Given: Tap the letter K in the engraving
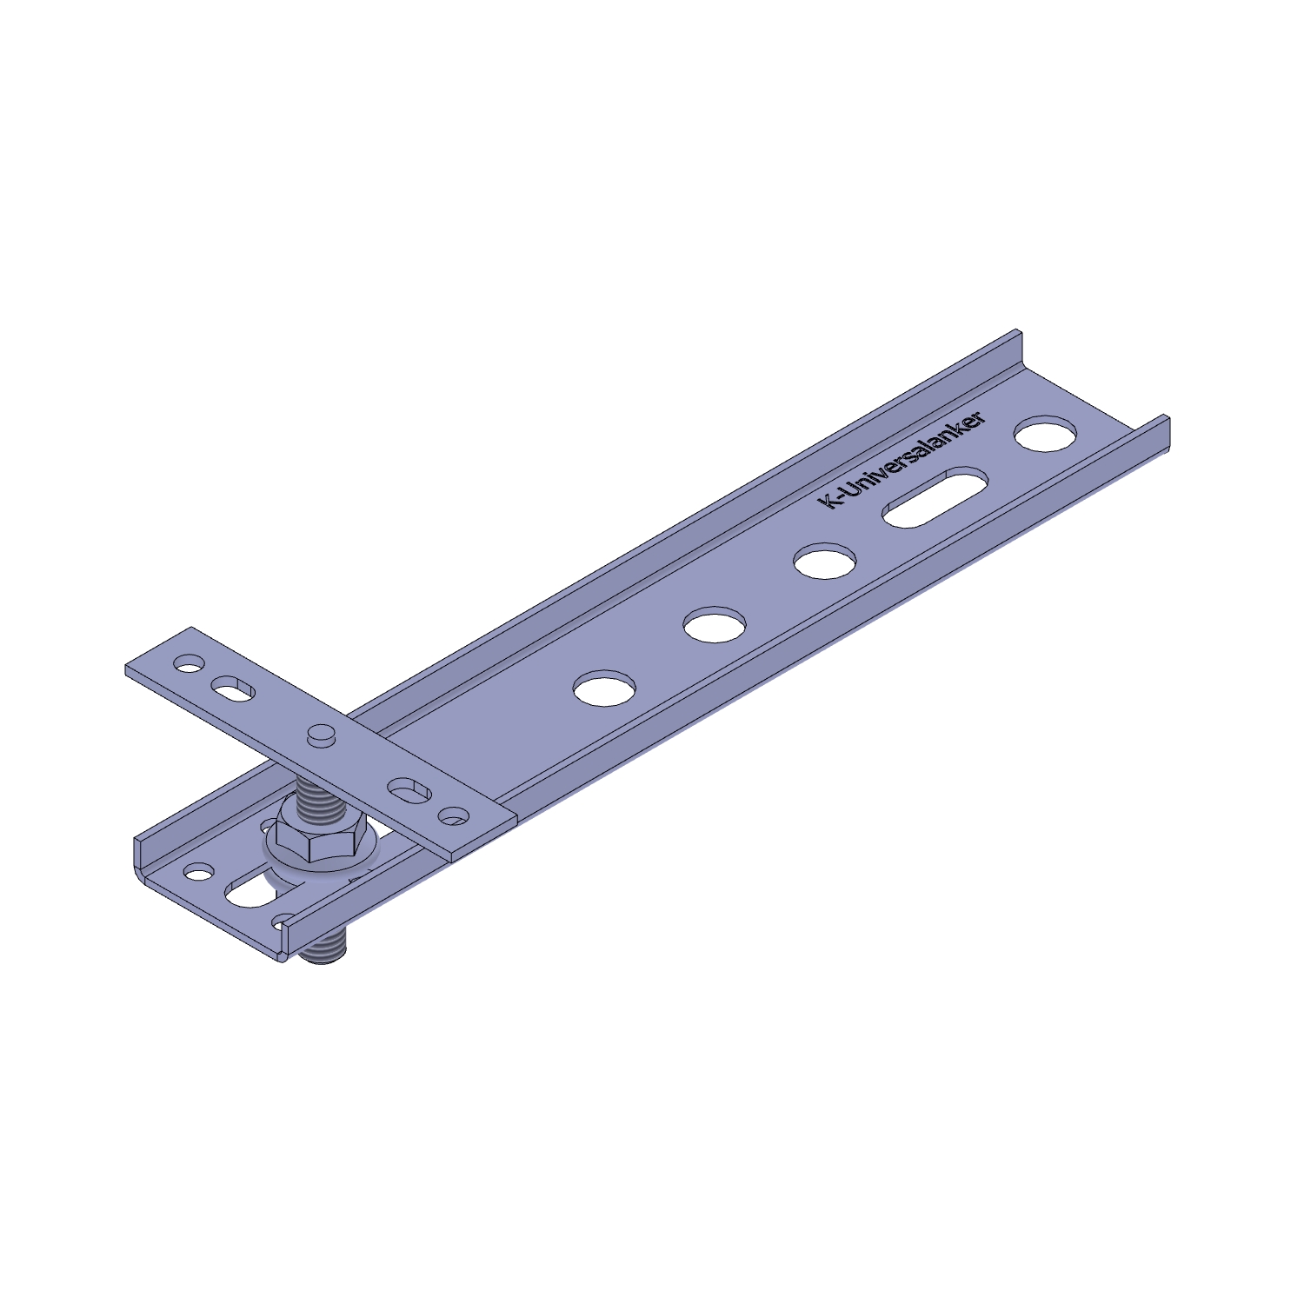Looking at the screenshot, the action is [828, 502].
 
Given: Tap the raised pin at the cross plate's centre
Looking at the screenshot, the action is [322, 734].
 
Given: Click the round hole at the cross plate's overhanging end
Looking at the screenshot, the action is [188, 666].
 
